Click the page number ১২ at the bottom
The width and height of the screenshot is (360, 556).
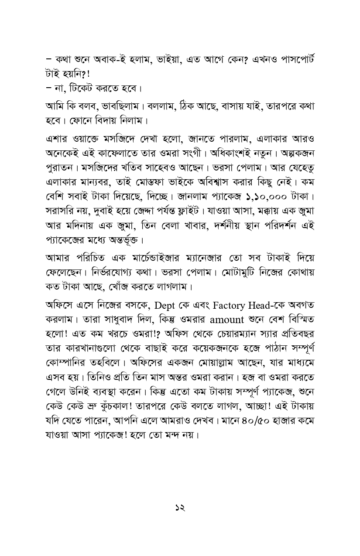pos(180,508)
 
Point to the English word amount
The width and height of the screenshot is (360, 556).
pos(226,320)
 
